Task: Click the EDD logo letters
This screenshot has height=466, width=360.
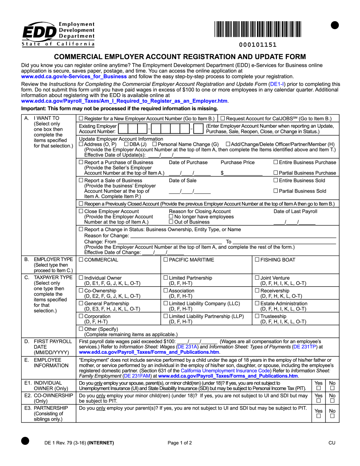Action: coord(40,32)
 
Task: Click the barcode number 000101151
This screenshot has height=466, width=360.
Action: coord(258,45)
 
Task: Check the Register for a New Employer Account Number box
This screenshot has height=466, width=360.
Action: coord(81,119)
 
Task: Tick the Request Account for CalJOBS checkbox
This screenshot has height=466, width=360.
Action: coord(222,119)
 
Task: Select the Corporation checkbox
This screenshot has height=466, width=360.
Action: coord(81,316)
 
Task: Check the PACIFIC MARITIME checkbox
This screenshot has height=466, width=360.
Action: coord(166,260)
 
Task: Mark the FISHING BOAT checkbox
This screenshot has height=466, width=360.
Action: coord(257,260)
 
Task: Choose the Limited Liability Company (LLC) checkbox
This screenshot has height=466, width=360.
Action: coord(166,303)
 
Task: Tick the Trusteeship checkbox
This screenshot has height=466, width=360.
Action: coord(257,316)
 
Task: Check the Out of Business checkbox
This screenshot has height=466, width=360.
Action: coord(171,222)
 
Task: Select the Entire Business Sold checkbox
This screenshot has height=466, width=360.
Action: coord(275,180)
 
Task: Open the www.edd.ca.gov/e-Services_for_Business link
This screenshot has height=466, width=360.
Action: coord(74,76)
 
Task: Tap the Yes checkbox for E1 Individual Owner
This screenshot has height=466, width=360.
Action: coord(318,388)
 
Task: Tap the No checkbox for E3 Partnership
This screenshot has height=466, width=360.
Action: coord(332,416)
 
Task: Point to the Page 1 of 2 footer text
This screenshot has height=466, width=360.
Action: coord(180,443)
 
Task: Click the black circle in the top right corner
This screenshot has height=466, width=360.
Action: coord(335,25)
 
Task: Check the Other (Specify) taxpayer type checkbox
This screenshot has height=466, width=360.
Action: coord(81,329)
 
